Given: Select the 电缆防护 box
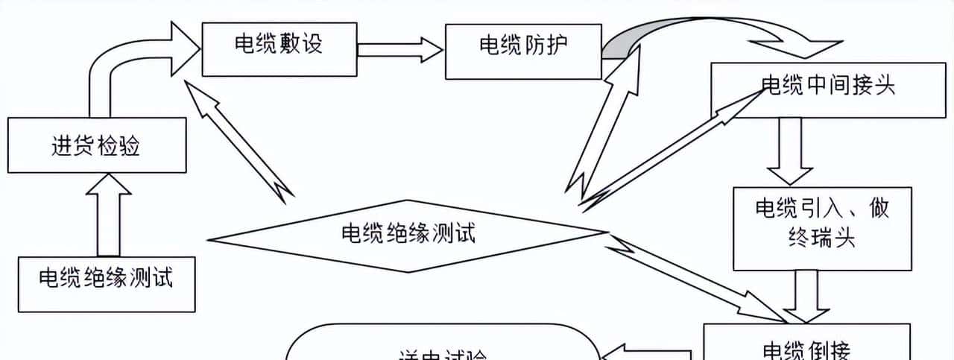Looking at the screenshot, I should pyautogui.click(x=522, y=51).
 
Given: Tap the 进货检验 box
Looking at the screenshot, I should pyautogui.click(x=96, y=145).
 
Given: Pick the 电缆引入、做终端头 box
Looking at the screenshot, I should pyautogui.click(x=822, y=227).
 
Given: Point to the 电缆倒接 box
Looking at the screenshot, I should pyautogui.click(x=806, y=344).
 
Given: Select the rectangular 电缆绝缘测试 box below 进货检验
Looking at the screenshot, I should pyautogui.click(x=107, y=284).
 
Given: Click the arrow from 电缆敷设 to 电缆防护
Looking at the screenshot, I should pyautogui.click(x=399, y=50).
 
